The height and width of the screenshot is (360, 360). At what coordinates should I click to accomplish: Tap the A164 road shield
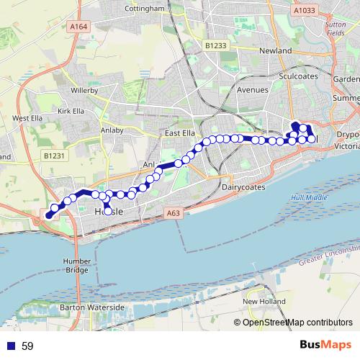click(78, 26)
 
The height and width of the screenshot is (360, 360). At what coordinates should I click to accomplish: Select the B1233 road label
click(215, 45)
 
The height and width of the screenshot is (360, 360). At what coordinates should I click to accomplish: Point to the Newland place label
click(276, 51)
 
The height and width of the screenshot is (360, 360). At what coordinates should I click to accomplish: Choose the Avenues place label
click(252, 90)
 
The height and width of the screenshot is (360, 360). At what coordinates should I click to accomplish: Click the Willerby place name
click(89, 91)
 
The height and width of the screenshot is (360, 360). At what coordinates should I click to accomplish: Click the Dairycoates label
click(244, 187)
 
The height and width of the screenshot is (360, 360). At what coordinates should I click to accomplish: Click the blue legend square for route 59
click(10, 346)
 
